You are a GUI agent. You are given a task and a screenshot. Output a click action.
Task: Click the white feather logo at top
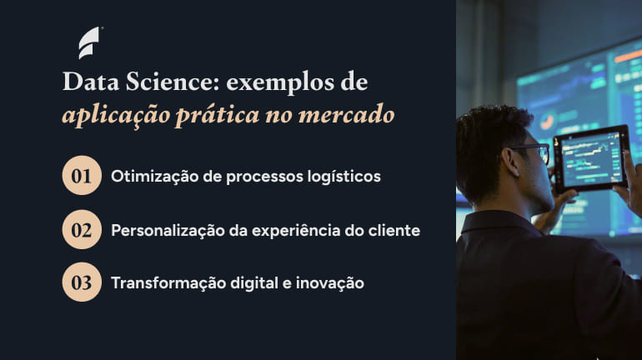click(x=88, y=42)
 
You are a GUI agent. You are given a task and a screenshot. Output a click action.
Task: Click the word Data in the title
click(x=88, y=83)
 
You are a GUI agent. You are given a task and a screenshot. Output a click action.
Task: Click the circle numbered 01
click(x=82, y=176)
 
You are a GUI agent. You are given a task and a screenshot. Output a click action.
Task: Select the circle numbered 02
click(x=82, y=229)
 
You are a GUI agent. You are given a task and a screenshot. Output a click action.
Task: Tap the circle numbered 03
click(x=82, y=282)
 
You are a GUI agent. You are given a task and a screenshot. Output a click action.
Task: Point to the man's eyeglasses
click(x=534, y=152)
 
